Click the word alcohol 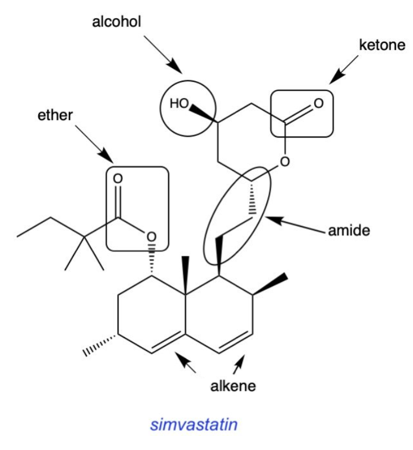[116, 22]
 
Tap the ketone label [382, 45]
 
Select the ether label [55, 115]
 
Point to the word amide [349, 231]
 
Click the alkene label [233, 386]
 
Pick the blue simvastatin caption [194, 425]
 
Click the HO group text [179, 103]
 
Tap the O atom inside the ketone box [319, 103]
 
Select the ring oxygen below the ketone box [284, 162]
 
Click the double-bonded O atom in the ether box [118, 179]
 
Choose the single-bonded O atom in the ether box [151, 237]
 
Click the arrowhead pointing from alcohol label [174, 66]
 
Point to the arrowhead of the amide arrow [274, 219]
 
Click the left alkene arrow [186, 363]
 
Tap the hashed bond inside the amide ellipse [252, 197]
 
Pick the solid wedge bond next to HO [203, 113]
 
